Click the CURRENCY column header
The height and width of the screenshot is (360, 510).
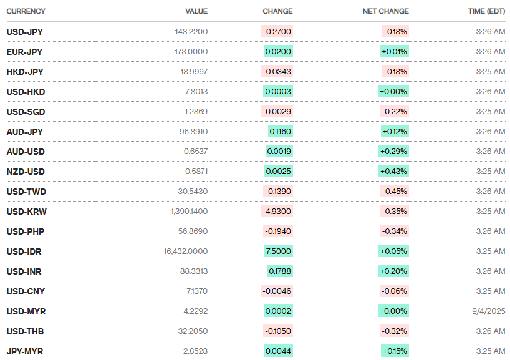click(x=26, y=11)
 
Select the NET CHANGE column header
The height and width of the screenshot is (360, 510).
click(x=385, y=11)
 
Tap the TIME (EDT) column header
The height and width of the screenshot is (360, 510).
click(x=486, y=11)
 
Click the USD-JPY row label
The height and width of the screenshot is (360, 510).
click(x=25, y=31)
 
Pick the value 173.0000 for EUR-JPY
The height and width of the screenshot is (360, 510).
click(x=191, y=51)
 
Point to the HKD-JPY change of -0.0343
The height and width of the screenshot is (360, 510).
click(x=277, y=71)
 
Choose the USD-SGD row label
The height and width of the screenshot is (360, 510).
click(x=26, y=111)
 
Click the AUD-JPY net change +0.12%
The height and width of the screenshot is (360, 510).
click(x=395, y=131)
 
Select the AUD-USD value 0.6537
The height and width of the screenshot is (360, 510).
click(x=195, y=151)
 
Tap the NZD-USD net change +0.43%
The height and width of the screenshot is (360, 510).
click(x=394, y=171)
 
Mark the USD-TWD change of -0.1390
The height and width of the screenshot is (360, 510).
click(x=277, y=191)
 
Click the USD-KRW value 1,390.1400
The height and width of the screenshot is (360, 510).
click(x=189, y=211)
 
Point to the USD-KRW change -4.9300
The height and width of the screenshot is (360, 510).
click(x=277, y=211)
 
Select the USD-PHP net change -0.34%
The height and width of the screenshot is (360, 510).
click(x=395, y=231)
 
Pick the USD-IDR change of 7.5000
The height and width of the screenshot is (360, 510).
click(x=279, y=251)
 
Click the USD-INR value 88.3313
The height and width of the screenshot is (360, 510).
click(x=193, y=271)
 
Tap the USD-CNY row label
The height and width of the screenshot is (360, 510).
click(x=26, y=291)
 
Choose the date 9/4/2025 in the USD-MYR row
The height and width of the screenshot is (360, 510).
click(x=488, y=311)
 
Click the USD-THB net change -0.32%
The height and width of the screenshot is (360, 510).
click(x=395, y=331)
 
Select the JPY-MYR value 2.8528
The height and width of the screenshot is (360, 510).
click(x=195, y=351)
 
